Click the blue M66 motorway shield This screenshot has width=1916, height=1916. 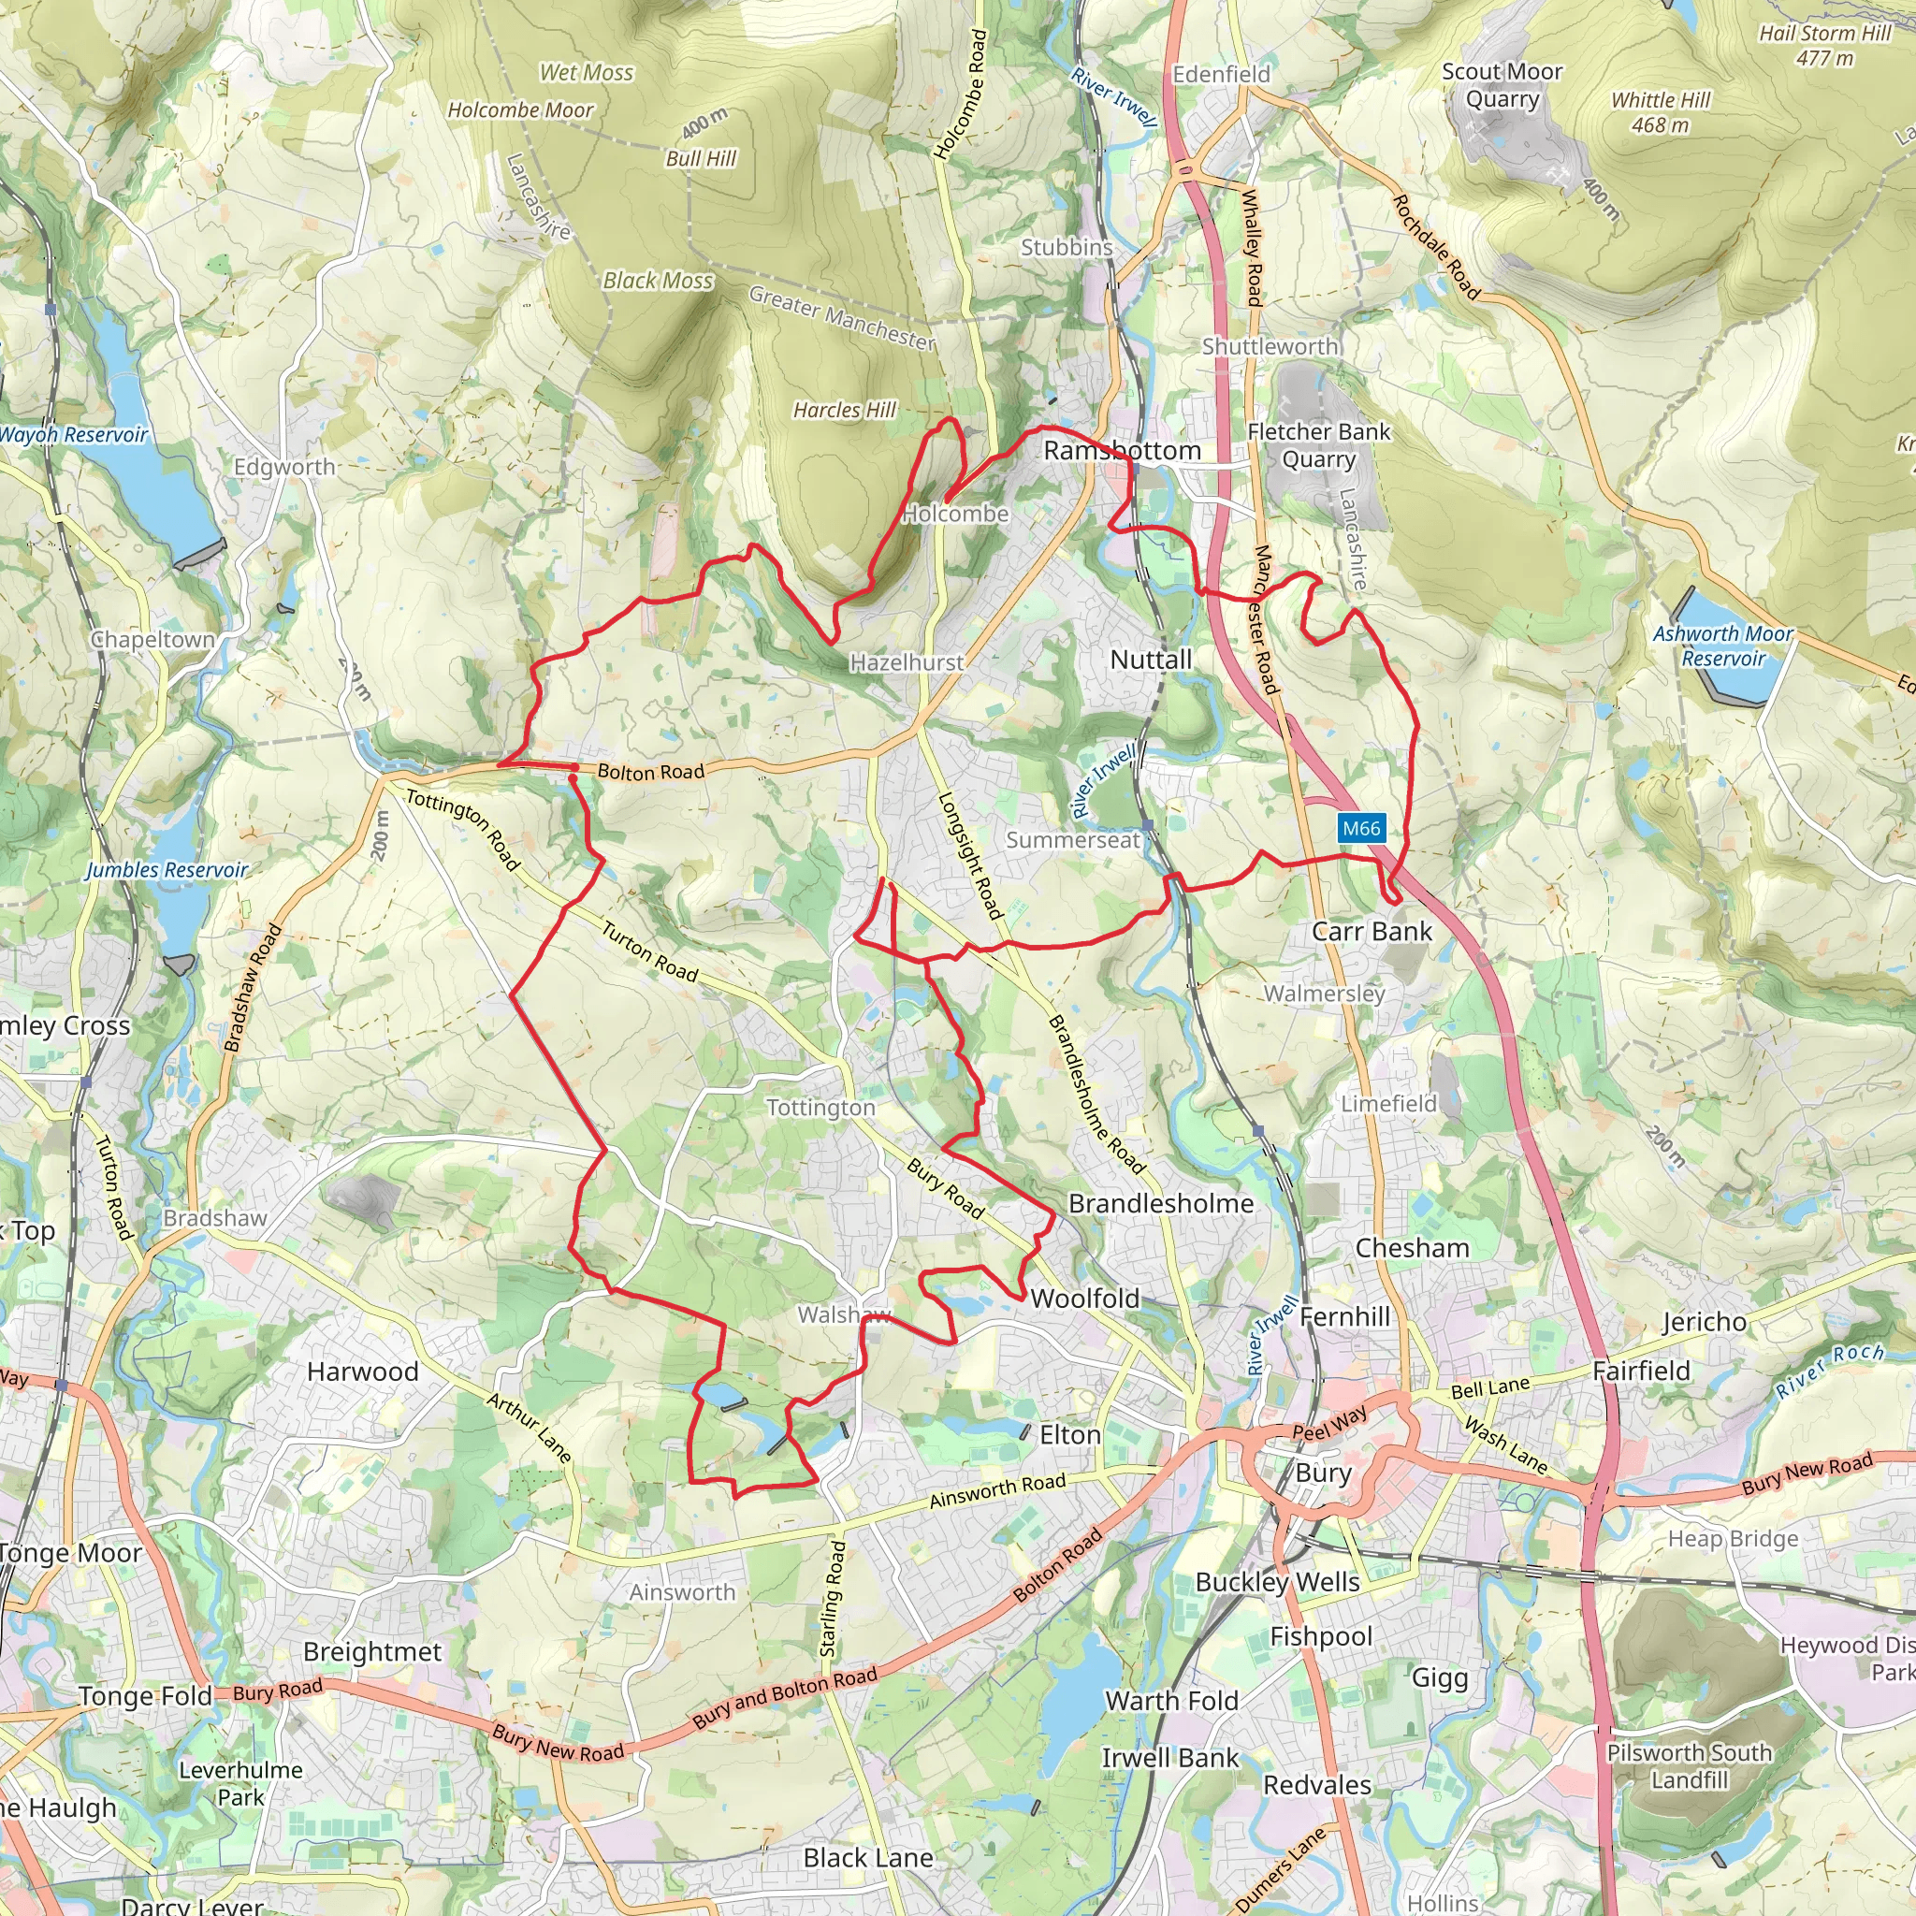coord(1360,828)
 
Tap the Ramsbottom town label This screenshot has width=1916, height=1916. coord(1122,450)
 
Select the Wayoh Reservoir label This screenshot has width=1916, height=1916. coord(72,434)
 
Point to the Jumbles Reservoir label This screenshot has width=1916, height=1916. coord(167,870)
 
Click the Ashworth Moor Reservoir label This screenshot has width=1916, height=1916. coord(1722,646)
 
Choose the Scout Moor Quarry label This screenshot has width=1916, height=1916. coord(1502,85)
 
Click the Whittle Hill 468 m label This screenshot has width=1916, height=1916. coord(1661,112)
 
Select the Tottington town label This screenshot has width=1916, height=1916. coord(820,1107)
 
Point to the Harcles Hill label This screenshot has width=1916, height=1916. coord(844,410)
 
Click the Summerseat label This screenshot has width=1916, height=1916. coord(1073,840)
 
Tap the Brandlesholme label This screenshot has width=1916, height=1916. coord(1160,1203)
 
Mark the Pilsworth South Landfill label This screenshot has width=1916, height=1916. coord(1689,1766)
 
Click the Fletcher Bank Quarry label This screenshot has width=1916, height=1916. coord(1318,445)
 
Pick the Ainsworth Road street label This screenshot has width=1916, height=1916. coord(996,1490)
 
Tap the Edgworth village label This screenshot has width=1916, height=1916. coord(284,466)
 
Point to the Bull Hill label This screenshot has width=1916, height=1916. coord(700,159)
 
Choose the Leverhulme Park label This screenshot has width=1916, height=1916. coord(241,1783)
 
